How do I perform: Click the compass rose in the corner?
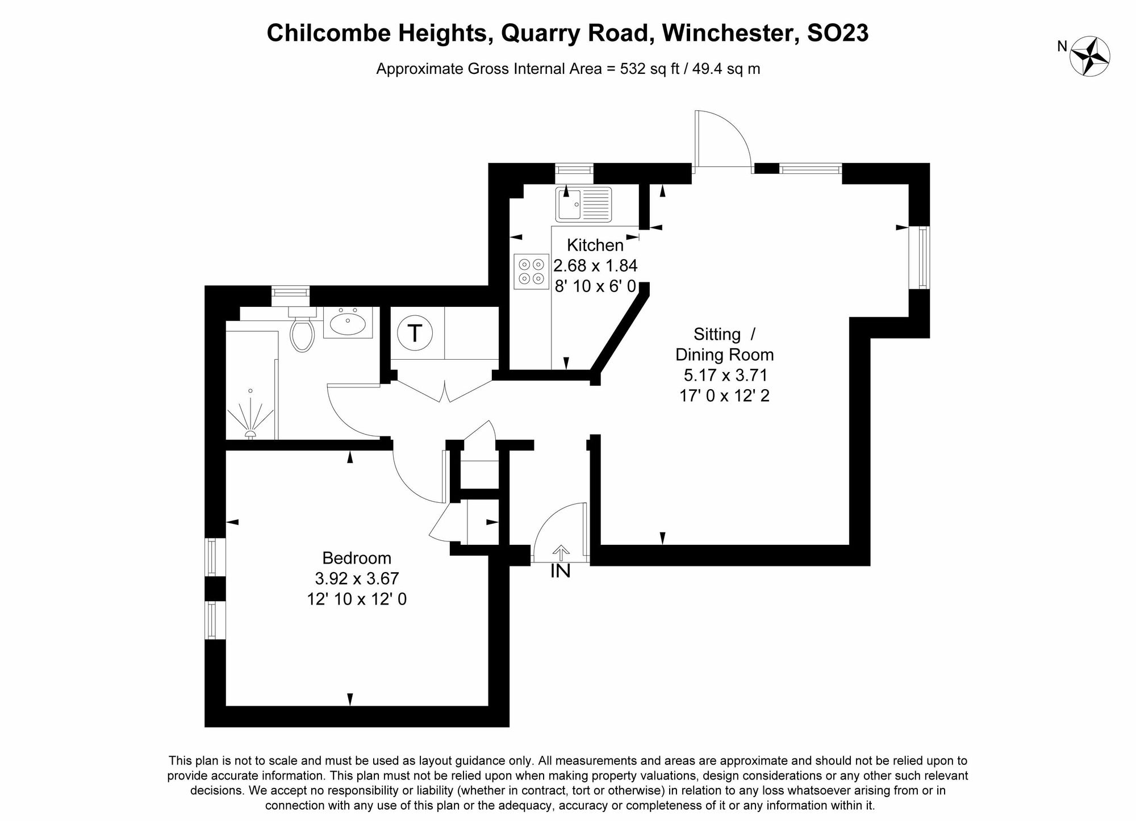coord(1089,56)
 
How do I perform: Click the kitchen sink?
coord(583,205)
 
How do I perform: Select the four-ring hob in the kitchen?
coord(531,272)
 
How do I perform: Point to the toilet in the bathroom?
coord(302,334)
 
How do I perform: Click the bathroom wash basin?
coord(348,324)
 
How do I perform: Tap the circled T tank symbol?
coord(415,334)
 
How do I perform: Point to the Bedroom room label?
coord(357,558)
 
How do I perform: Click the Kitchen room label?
coord(595,245)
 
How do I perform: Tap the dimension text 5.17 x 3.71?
coord(725,375)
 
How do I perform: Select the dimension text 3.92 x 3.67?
coord(357,578)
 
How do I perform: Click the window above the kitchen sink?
coord(574,169)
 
